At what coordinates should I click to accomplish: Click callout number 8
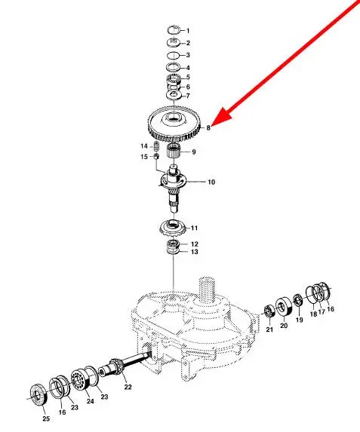pos(208,127)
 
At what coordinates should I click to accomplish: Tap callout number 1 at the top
pos(188,31)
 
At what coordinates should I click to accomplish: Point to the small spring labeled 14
pos(156,146)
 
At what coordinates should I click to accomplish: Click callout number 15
pos(144,157)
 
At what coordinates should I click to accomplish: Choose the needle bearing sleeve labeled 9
pos(174,151)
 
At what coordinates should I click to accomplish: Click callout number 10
pos(211,182)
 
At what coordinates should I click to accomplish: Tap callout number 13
pos(195,252)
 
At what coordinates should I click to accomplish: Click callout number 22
pos(128,387)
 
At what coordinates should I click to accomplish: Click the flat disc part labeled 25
pos(38,394)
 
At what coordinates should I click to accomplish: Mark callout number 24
pos(91,401)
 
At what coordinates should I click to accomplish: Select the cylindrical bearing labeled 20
pos(284,306)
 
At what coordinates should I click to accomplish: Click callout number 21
pos(269,329)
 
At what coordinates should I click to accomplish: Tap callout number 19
pos(300,320)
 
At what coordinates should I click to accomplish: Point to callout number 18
pos(313,314)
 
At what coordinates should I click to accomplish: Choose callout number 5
pos(188,77)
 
